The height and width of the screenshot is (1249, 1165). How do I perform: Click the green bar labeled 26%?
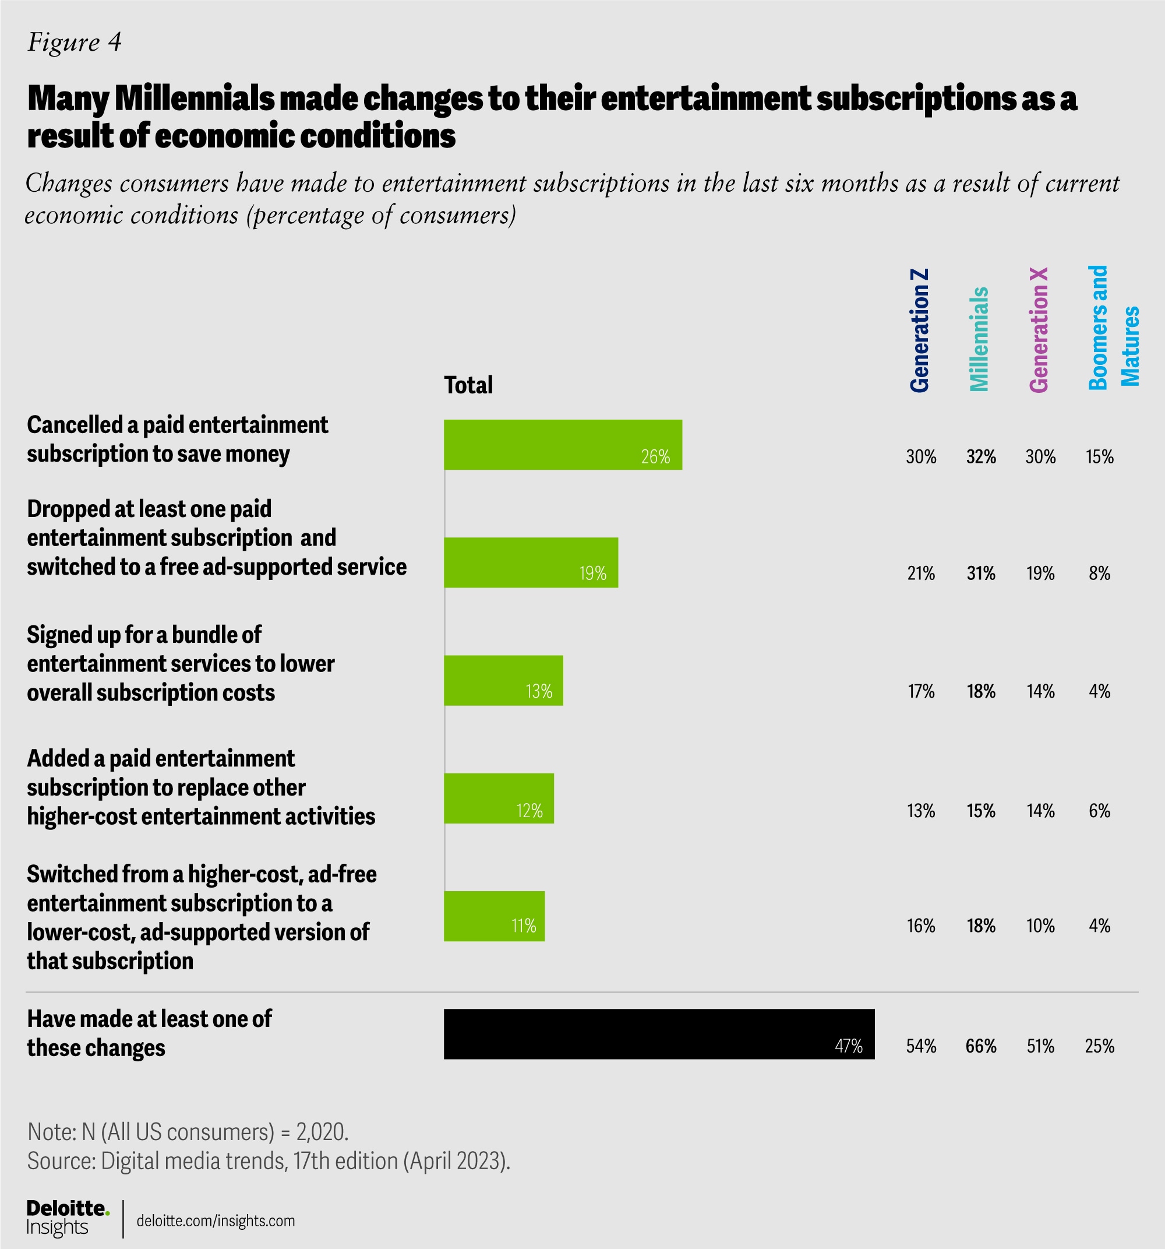[x=563, y=445]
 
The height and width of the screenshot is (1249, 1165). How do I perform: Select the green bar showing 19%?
[x=531, y=562]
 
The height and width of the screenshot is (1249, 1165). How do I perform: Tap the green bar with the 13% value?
[x=503, y=680]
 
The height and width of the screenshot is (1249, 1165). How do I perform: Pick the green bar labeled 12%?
[x=499, y=798]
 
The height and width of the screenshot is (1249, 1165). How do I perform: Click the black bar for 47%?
[x=659, y=1034]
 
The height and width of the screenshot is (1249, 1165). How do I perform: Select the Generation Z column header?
[x=919, y=330]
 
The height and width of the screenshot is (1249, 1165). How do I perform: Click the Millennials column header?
[x=979, y=339]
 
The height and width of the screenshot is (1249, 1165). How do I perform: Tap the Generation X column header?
[x=1039, y=330]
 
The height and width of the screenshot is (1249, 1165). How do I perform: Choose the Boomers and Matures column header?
[x=1113, y=328]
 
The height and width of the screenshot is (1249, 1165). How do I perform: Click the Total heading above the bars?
[x=468, y=385]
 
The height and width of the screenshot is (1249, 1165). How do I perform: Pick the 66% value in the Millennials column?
[x=981, y=1046]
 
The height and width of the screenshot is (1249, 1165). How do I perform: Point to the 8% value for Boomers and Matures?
[x=1099, y=573]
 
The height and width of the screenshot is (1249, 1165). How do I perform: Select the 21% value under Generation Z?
[x=921, y=573]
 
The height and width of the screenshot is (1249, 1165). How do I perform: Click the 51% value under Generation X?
[x=1040, y=1046]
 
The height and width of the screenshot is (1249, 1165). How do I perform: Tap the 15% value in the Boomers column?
[x=1099, y=457]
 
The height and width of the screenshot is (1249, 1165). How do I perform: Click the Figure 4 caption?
[x=75, y=43]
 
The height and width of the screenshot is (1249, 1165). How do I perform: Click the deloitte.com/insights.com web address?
[x=216, y=1220]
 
